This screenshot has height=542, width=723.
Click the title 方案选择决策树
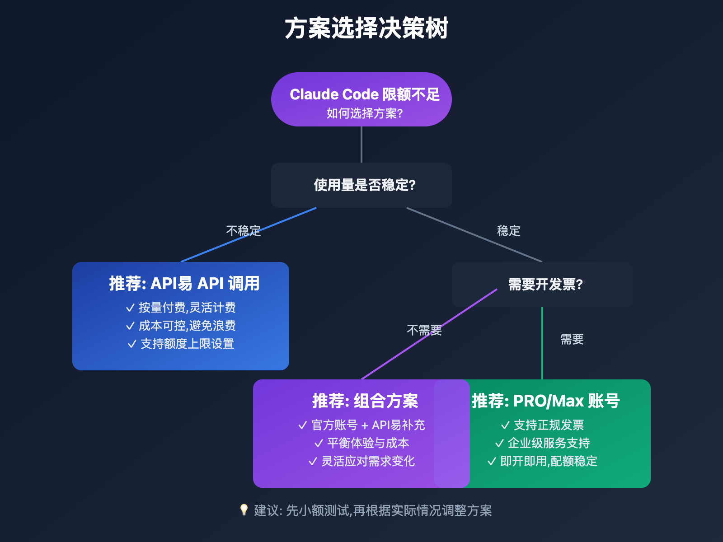[366, 28]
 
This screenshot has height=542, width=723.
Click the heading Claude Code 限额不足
[364, 94]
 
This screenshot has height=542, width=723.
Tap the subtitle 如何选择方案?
[364, 113]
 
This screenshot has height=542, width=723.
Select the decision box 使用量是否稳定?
[364, 185]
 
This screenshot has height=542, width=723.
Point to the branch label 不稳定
[244, 231]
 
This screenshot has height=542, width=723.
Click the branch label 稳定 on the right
[508, 231]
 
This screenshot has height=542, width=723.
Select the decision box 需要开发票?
[545, 285]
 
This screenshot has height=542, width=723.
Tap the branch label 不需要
[424, 330]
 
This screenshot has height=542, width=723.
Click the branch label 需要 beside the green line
[572, 339]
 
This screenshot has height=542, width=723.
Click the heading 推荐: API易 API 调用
[184, 284]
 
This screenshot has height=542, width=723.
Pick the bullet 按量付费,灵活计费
[186, 308]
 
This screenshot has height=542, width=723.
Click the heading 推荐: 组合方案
[365, 401]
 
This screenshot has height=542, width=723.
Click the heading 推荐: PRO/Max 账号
[545, 401]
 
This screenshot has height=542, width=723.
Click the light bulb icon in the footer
[244, 510]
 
